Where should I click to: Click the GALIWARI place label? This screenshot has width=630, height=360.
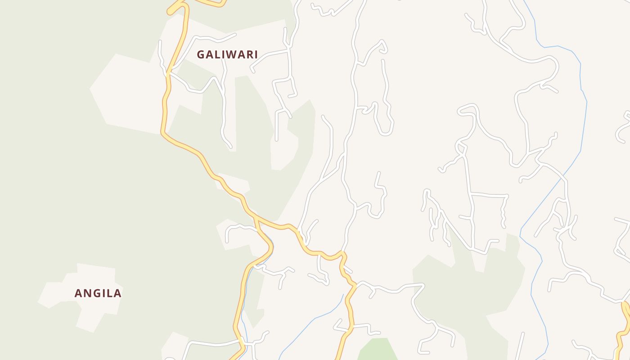pos(227,54)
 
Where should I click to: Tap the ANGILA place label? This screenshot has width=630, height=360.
pos(98,293)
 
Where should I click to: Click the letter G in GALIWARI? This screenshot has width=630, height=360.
pos(201,54)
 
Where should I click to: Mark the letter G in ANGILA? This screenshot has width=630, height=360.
pos(97,293)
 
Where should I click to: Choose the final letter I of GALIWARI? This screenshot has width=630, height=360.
pos(256,54)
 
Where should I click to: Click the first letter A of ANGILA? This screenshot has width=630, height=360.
pos(79,293)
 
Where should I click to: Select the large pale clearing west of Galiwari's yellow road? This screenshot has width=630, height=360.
pos(126,94)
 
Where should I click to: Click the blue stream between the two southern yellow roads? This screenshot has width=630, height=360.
pos(310,322)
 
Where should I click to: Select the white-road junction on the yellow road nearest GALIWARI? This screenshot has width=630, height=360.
pos(168,72)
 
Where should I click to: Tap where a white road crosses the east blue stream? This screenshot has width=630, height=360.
pos(563,180)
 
